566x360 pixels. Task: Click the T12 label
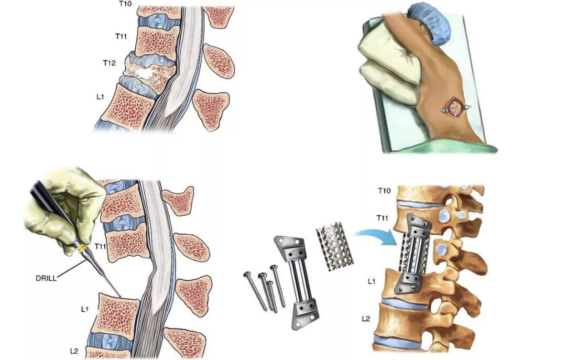(109, 63)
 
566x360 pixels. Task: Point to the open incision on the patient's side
(454, 108)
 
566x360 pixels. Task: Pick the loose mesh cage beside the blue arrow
(335, 246)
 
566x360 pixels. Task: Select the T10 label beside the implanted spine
(384, 191)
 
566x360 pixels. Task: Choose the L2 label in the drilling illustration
(75, 350)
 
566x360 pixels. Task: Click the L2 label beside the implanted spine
(368, 318)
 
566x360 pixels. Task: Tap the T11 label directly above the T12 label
(122, 36)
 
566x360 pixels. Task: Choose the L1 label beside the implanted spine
(371, 281)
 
